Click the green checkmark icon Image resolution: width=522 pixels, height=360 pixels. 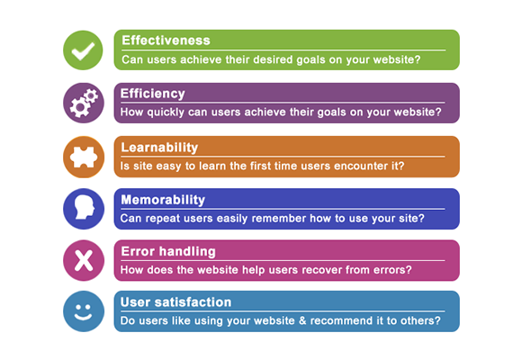[83, 50]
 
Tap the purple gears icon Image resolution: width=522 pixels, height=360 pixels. [84, 103]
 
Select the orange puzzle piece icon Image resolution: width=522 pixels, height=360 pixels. [84, 157]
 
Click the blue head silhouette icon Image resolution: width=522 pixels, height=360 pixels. [84, 209]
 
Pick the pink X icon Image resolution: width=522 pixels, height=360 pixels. [84, 260]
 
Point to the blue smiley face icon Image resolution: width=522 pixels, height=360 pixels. [84, 311]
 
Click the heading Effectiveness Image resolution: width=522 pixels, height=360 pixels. [166, 40]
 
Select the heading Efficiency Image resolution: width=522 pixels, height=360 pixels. [152, 94]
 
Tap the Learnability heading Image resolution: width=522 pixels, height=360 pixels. [159, 148]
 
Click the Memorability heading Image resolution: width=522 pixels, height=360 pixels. [163, 200]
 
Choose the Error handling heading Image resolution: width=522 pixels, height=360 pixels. [168, 251]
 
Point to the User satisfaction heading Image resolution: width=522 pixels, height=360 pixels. [175, 302]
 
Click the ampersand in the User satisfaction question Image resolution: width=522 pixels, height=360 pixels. [302, 320]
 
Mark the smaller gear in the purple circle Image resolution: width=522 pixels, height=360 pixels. [91, 96]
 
